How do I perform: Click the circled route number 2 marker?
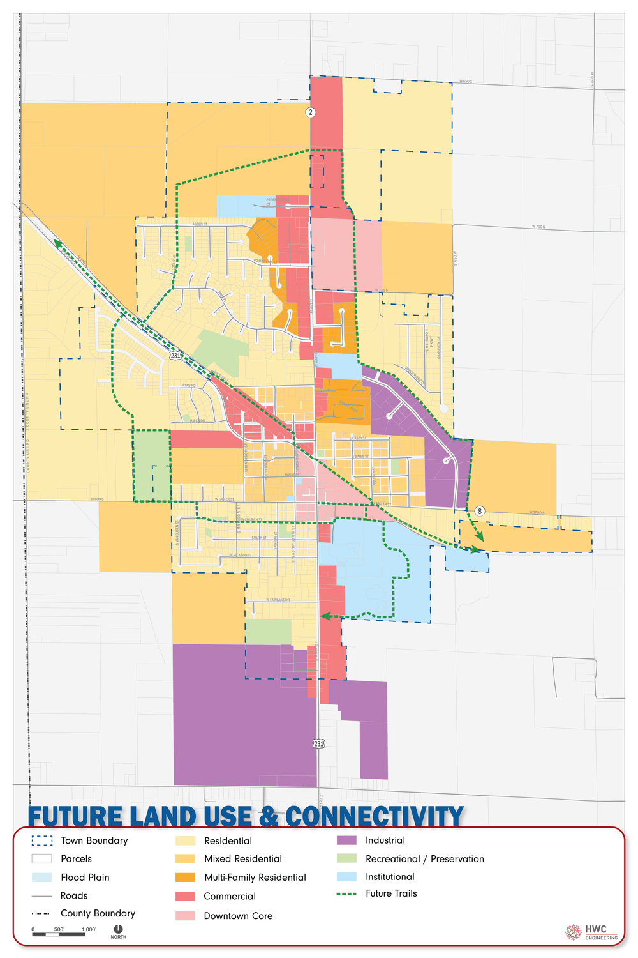pos(311,112)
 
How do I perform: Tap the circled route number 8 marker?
pos(480,511)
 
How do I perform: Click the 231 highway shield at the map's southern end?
pos(319,743)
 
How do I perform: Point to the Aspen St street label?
pos(200,224)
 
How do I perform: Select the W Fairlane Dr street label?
pos(278,600)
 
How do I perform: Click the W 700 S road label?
pos(538,227)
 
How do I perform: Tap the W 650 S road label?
pos(466,82)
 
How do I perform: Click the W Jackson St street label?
pos(241,556)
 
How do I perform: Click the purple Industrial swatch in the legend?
pos(346,840)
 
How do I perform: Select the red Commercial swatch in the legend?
pos(185,896)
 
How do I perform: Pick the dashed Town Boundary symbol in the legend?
pos(41,840)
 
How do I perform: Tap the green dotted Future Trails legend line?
pos(346,893)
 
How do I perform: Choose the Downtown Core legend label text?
pos(238,916)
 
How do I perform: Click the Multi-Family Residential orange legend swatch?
pos(185,878)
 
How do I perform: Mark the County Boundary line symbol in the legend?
pos(41,913)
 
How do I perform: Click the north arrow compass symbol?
pos(118,929)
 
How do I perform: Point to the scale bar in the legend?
pos(59,934)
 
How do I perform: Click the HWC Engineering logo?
pos(592,932)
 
